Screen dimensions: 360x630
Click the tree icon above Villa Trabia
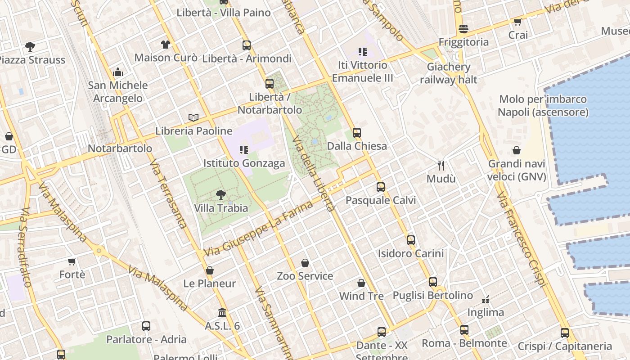click(220, 194)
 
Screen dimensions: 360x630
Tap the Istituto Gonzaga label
click(244, 163)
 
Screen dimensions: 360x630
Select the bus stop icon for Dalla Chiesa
click(357, 132)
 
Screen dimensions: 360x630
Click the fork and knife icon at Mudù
click(441, 165)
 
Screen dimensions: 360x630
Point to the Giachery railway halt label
click(449, 73)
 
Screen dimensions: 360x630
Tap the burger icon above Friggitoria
click(463, 29)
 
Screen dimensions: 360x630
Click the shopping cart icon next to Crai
click(518, 22)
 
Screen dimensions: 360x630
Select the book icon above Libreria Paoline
click(193, 117)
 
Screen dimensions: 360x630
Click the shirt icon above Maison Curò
click(166, 44)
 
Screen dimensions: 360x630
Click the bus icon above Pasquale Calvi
click(381, 187)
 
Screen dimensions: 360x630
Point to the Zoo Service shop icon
click(305, 262)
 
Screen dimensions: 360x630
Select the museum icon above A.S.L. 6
click(222, 312)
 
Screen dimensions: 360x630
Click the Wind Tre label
click(361, 296)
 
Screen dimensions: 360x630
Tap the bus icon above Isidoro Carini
click(411, 240)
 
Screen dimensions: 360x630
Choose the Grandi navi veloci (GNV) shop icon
click(517, 150)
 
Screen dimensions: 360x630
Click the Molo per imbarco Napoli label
click(543, 105)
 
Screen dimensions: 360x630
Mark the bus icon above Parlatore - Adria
click(146, 326)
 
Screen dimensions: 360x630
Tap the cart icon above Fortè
click(72, 261)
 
